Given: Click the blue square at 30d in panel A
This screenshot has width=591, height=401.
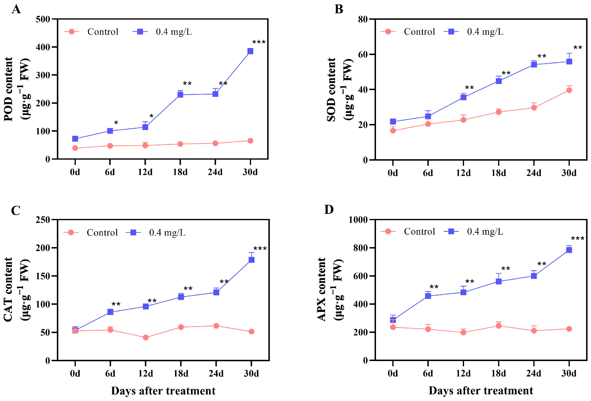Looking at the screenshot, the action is click(x=250, y=51).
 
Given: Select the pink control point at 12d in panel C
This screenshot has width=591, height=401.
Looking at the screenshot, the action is click(x=146, y=337).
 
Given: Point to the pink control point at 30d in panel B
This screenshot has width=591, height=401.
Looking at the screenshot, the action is click(x=569, y=90).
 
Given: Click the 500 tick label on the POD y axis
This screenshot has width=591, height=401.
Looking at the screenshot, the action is click(x=43, y=19).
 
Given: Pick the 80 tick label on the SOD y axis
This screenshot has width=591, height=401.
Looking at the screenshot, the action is click(x=363, y=19).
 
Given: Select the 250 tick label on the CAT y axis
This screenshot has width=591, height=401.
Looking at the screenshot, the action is click(x=43, y=220).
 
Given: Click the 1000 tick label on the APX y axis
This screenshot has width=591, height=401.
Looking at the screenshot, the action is click(x=358, y=220).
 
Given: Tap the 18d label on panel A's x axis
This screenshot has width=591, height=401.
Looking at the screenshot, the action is click(x=180, y=172).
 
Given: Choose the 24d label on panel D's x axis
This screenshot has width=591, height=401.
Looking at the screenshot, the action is click(x=534, y=373).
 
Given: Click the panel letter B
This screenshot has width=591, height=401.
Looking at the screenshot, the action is click(x=339, y=9).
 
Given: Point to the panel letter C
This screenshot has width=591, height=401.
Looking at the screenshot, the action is click(x=16, y=210).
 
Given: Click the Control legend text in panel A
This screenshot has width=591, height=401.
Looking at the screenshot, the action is click(x=103, y=32).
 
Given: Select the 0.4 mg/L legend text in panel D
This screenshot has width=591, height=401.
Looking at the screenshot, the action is click(x=485, y=232).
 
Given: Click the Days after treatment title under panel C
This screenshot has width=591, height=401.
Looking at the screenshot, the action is click(x=163, y=391).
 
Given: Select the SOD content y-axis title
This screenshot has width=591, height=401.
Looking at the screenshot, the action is click(x=331, y=89).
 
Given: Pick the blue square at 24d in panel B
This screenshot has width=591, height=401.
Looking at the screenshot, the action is click(x=534, y=65).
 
